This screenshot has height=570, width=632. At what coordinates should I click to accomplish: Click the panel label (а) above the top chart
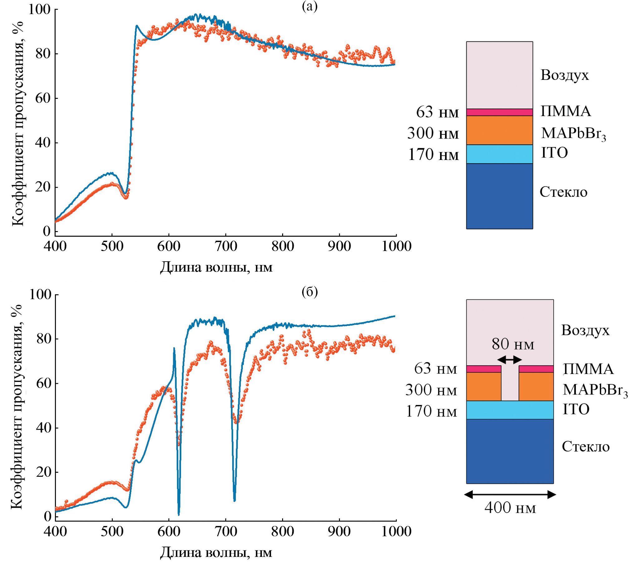(x=309, y=6)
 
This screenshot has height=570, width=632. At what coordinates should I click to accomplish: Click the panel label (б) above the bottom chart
(x=309, y=292)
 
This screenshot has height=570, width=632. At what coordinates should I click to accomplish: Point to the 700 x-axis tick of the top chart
(x=226, y=246)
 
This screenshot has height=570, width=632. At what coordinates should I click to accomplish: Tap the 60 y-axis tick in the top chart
(x=43, y=98)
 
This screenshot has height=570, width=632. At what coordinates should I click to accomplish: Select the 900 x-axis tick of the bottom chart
(x=339, y=531)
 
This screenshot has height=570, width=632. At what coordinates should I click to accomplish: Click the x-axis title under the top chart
(x=216, y=267)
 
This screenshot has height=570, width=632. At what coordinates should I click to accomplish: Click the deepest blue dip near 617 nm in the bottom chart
(x=179, y=514)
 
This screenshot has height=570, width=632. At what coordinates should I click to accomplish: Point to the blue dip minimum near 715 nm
(x=234, y=500)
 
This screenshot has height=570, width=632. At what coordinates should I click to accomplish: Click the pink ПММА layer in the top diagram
(x=499, y=112)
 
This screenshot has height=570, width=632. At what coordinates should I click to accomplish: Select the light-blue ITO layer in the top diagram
(x=499, y=154)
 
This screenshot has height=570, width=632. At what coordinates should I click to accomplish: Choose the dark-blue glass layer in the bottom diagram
(x=509, y=451)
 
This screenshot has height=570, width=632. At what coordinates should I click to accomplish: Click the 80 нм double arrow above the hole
(x=509, y=360)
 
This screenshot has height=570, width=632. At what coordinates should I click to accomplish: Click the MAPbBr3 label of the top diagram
(x=573, y=133)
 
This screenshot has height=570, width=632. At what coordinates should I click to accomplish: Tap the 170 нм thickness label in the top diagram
(x=433, y=154)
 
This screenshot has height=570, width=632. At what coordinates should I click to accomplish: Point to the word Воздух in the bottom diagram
(x=585, y=330)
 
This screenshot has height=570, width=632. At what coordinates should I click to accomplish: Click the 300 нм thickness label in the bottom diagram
(x=431, y=390)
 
